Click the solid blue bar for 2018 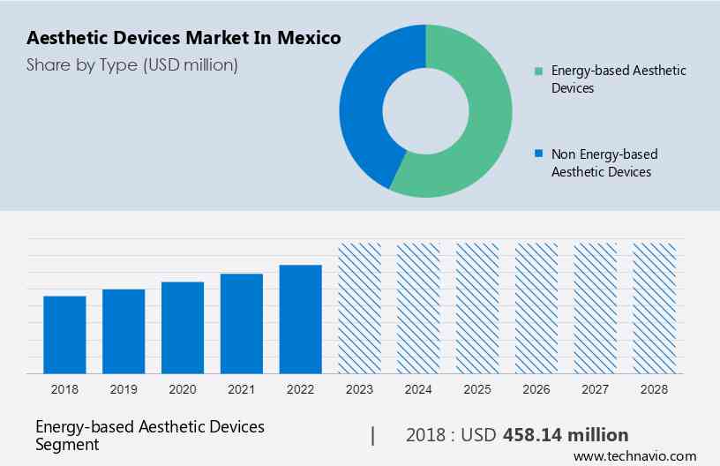pyautogui.click(x=64, y=334)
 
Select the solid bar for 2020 pyautogui.click(x=183, y=327)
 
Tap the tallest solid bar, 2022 pyautogui.click(x=301, y=319)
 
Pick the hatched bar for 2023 pyautogui.click(x=360, y=308)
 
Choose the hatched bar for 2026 pyautogui.click(x=536, y=308)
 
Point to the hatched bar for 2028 pyautogui.click(x=655, y=308)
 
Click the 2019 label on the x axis pyautogui.click(x=124, y=389)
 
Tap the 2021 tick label pyautogui.click(x=242, y=389)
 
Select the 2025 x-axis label pyautogui.click(x=477, y=389)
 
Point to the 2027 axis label pyautogui.click(x=596, y=389)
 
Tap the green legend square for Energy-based pyautogui.click(x=538, y=71)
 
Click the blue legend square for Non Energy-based pyautogui.click(x=538, y=154)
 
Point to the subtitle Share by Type pyautogui.click(x=131, y=64)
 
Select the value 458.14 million pyautogui.click(x=566, y=435)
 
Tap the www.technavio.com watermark pyautogui.click(x=634, y=456)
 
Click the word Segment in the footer pyautogui.click(x=67, y=444)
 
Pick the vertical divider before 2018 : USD pyautogui.click(x=372, y=435)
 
